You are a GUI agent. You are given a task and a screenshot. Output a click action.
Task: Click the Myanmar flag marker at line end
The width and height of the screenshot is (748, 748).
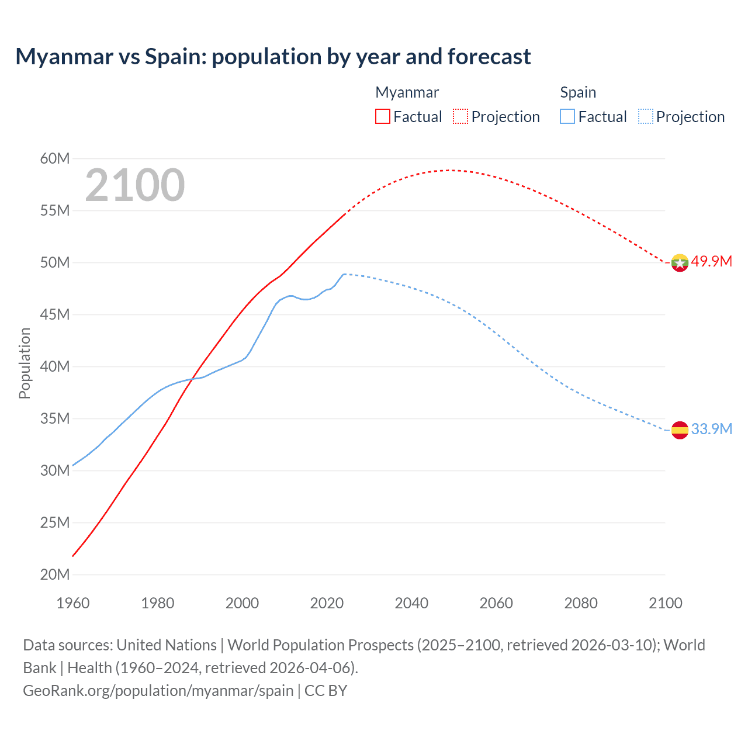click(679, 262)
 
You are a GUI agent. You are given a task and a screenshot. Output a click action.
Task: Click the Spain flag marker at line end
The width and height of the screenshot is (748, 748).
click(679, 430)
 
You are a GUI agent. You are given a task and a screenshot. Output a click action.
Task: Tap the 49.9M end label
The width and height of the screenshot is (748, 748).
click(711, 261)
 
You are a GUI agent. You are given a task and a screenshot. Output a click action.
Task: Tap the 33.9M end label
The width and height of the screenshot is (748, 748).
click(711, 429)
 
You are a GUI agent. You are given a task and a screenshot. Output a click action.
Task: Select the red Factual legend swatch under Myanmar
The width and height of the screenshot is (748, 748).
click(382, 116)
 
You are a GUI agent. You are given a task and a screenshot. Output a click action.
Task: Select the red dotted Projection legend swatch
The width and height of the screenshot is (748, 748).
click(460, 116)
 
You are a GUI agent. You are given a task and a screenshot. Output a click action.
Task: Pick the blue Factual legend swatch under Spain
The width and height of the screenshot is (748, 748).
click(567, 116)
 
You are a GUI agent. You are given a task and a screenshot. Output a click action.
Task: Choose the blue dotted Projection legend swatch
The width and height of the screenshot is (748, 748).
click(645, 116)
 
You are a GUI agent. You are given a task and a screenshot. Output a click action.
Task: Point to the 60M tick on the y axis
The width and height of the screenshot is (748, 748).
click(55, 158)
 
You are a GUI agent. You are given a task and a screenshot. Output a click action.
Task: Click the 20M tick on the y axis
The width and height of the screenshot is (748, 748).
click(55, 574)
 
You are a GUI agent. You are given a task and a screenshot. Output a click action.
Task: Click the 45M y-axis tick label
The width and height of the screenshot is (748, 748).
click(55, 314)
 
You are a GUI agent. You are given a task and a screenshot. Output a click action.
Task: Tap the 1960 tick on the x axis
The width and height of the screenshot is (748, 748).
click(73, 603)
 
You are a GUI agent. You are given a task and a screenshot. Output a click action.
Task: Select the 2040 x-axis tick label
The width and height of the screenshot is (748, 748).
click(411, 603)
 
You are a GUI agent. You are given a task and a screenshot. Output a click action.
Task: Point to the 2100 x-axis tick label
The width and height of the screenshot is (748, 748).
click(666, 603)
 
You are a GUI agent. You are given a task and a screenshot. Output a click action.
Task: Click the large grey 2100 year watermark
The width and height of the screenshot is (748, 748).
click(135, 185)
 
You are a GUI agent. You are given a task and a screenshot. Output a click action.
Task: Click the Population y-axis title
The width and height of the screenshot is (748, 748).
click(25, 363)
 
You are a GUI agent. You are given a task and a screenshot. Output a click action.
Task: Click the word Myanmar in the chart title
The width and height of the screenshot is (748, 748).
click(64, 57)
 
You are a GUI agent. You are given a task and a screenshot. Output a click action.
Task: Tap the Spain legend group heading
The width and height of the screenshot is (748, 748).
click(578, 92)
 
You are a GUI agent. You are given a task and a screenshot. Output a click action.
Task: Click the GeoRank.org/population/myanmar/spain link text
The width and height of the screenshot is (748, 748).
click(158, 690)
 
